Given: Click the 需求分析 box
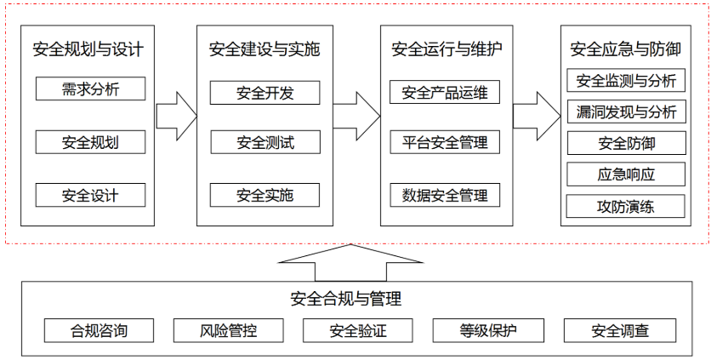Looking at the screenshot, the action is pyautogui.click(x=91, y=89).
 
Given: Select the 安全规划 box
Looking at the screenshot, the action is pyautogui.click(x=91, y=142).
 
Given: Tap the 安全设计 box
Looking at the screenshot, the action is pyautogui.click(x=91, y=195).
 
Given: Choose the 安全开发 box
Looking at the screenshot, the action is pyautogui.click(x=264, y=93).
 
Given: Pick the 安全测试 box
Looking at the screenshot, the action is pyautogui.click(x=264, y=142).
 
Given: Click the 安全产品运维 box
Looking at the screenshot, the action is pyautogui.click(x=445, y=92).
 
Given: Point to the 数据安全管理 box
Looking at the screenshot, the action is pyautogui.click(x=445, y=195).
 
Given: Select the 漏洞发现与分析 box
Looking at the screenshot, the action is pyautogui.click(x=626, y=111).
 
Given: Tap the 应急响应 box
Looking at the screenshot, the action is pyautogui.click(x=626, y=174).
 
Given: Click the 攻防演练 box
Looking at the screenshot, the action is pyautogui.click(x=626, y=206).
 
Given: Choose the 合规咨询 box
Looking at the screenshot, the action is pyautogui.click(x=99, y=330).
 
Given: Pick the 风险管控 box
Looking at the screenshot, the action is pyautogui.click(x=229, y=330).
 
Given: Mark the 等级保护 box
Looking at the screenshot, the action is pyautogui.click(x=488, y=330).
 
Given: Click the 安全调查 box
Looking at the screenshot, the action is pyautogui.click(x=620, y=330).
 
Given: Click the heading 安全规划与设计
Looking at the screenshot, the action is pyautogui.click(x=88, y=49).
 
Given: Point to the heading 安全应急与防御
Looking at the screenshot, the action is pyautogui.click(x=626, y=49).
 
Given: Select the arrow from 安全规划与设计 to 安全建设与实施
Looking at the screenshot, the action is pyautogui.click(x=177, y=116).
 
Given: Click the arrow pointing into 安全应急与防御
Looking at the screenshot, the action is pyautogui.click(x=537, y=116).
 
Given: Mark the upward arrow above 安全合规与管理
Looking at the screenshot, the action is pyautogui.click(x=350, y=263).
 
